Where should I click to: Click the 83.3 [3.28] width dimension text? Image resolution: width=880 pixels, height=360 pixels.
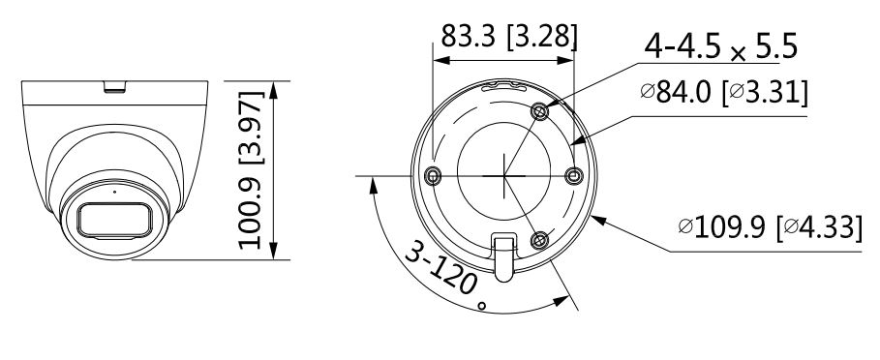508,36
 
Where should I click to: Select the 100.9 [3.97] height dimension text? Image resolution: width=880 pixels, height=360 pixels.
251,169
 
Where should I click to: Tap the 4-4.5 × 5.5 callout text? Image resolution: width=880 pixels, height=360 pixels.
720,46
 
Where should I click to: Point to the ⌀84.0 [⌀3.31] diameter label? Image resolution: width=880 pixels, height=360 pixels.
724,92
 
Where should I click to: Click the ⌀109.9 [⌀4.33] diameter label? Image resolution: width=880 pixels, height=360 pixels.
770,227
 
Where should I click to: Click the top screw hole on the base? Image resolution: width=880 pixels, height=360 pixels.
540,111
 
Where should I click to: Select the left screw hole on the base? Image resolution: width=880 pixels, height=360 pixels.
432,177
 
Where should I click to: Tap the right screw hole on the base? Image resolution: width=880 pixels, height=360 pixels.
573,176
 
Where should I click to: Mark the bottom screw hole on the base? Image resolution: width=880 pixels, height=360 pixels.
539,241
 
